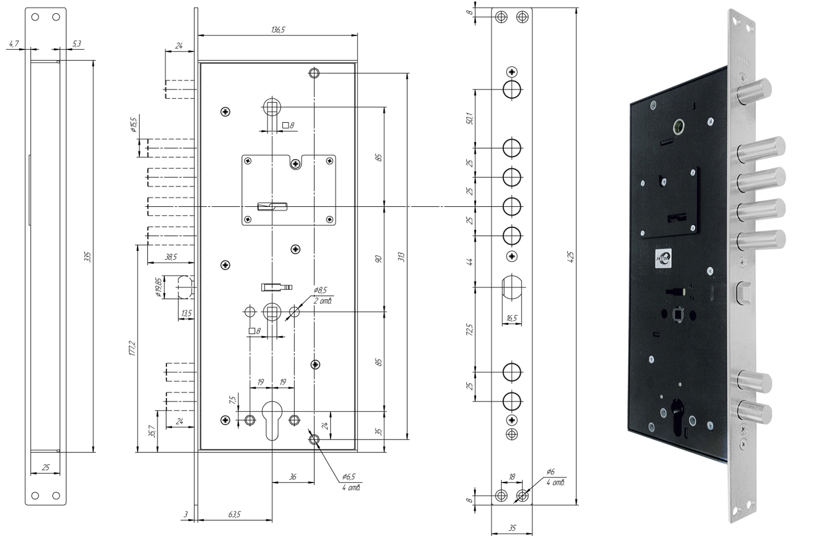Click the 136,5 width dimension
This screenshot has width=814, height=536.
click(x=277, y=30)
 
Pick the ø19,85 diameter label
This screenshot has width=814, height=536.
click(x=158, y=287)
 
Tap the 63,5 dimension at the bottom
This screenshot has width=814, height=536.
click(x=235, y=515)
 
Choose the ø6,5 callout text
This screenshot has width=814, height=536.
click(x=350, y=477)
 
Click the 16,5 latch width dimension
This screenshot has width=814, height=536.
click(x=511, y=318)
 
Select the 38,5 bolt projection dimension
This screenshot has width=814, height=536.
click(x=171, y=257)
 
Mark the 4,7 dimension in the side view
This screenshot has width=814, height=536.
click(x=14, y=43)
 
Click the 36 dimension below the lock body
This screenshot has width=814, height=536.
click(x=292, y=477)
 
